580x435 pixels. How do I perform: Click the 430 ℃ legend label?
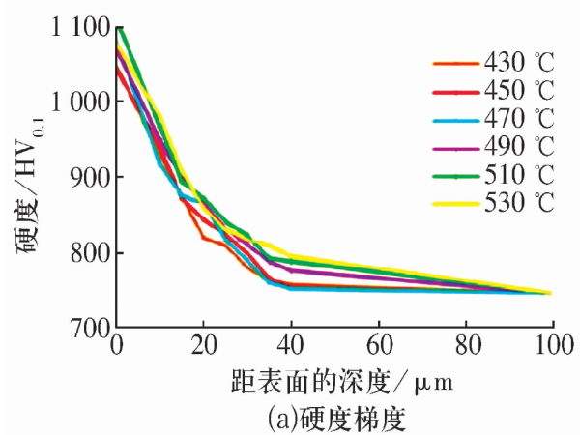(x=519, y=64)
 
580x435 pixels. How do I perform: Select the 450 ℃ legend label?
(x=519, y=92)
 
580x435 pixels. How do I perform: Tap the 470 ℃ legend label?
(x=519, y=120)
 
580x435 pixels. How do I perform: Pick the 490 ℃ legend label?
(x=519, y=148)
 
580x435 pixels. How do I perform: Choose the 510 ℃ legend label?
(x=519, y=176)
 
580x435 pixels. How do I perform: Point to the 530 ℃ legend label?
(x=519, y=204)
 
